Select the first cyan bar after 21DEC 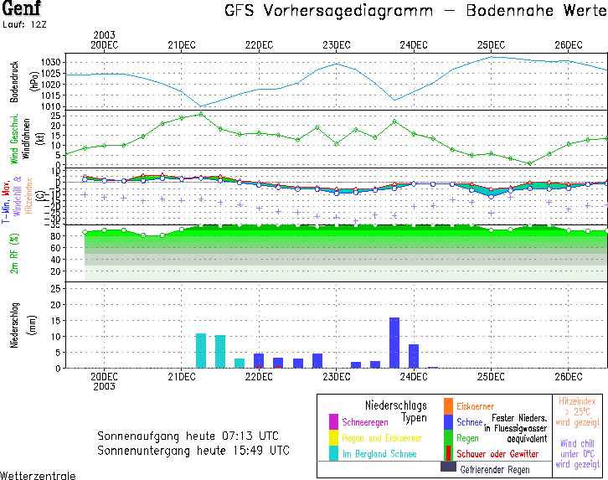pyautogui.click(x=201, y=350)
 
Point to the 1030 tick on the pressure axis pyautogui.click(x=51, y=63)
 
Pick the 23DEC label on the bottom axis pyautogui.click(x=336, y=377)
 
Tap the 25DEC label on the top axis pyautogui.click(x=491, y=44)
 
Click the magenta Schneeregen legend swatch pyautogui.click(x=333, y=421)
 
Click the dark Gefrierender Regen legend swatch pyautogui.click(x=448, y=467)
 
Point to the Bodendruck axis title pyautogui.click(x=14, y=81)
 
